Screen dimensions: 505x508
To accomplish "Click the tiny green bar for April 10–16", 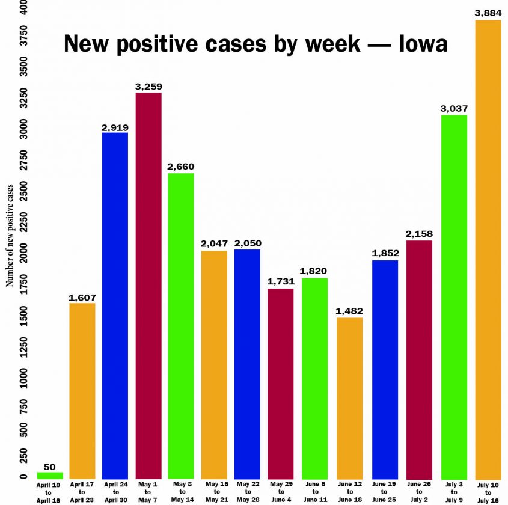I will click(49, 475).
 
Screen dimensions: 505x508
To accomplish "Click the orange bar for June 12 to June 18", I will click(349, 397).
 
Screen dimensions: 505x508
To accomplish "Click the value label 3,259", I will click(148, 87).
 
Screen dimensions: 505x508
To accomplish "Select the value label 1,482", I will click(349, 311).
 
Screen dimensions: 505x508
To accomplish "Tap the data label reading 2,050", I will click(248, 243).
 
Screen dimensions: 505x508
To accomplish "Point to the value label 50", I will click(49, 467).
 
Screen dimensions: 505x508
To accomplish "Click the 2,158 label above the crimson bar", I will click(419, 234).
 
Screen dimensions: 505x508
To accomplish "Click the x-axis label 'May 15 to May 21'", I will click(215, 491).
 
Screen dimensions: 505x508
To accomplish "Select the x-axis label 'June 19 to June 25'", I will click(385, 491).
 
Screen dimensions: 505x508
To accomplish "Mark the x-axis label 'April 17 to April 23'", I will click(82, 491).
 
